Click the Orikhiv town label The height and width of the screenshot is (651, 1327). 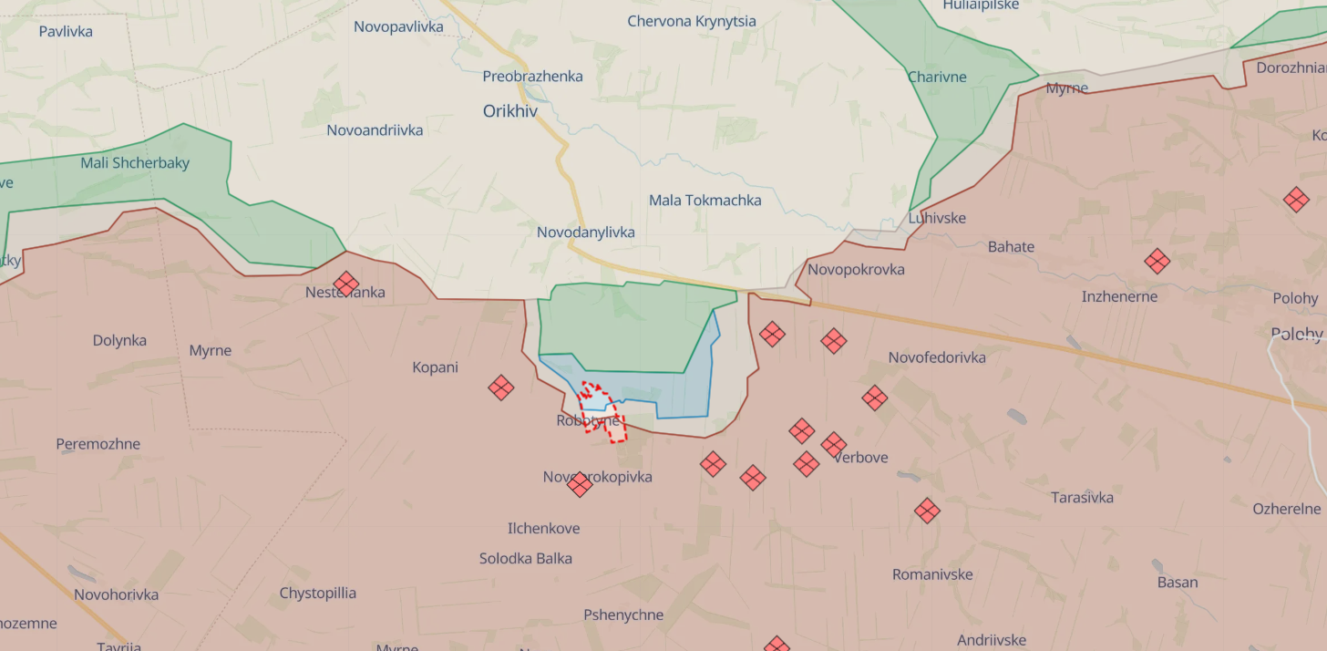[x=510, y=111]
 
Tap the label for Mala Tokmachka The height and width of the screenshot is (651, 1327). [x=705, y=200]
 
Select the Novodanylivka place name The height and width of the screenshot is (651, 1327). [x=585, y=232]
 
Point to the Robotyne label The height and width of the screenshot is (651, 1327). [x=587, y=421]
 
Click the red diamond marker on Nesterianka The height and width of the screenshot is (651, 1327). [x=345, y=284]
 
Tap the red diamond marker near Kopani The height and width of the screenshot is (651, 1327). [x=500, y=387]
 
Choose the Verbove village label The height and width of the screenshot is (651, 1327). [x=860, y=458]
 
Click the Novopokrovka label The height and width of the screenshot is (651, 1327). [x=856, y=269]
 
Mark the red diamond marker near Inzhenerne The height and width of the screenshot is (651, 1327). [x=1157, y=262]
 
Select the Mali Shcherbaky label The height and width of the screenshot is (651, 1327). [x=135, y=163]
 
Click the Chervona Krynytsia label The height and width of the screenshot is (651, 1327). [x=691, y=21]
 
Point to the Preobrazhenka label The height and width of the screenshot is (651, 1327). [x=532, y=77]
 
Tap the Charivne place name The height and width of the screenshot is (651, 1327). [x=937, y=77]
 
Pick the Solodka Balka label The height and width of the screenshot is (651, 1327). [x=526, y=558]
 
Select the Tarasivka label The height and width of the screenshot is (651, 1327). [x=1082, y=498]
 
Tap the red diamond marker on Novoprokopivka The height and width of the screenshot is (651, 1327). [x=580, y=484]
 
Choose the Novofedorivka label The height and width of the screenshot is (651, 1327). [x=937, y=357]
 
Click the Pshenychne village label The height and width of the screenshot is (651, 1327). [x=623, y=615]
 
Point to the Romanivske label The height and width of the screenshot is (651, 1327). [x=932, y=574]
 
